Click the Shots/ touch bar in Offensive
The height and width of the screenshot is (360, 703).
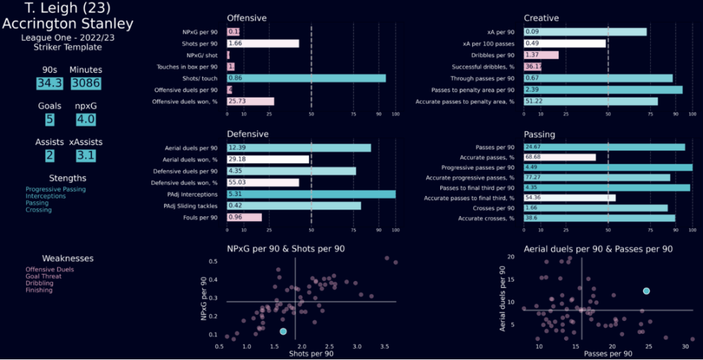click(x=306, y=78)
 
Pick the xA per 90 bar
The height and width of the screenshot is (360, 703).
click(x=585, y=32)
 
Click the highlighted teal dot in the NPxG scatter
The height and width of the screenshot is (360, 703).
click(x=283, y=331)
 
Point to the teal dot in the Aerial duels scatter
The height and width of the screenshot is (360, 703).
click(x=646, y=291)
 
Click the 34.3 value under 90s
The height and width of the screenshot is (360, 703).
click(x=49, y=83)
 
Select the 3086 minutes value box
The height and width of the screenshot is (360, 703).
click(x=86, y=83)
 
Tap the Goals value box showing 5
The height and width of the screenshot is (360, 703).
click(x=49, y=120)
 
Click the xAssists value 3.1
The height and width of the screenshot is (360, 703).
click(x=86, y=156)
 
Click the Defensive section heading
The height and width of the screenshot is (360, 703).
click(x=247, y=133)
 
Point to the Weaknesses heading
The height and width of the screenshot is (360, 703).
click(x=67, y=258)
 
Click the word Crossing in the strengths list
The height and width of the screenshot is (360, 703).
click(x=38, y=210)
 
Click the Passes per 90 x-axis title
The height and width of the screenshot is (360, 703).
click(x=607, y=353)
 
